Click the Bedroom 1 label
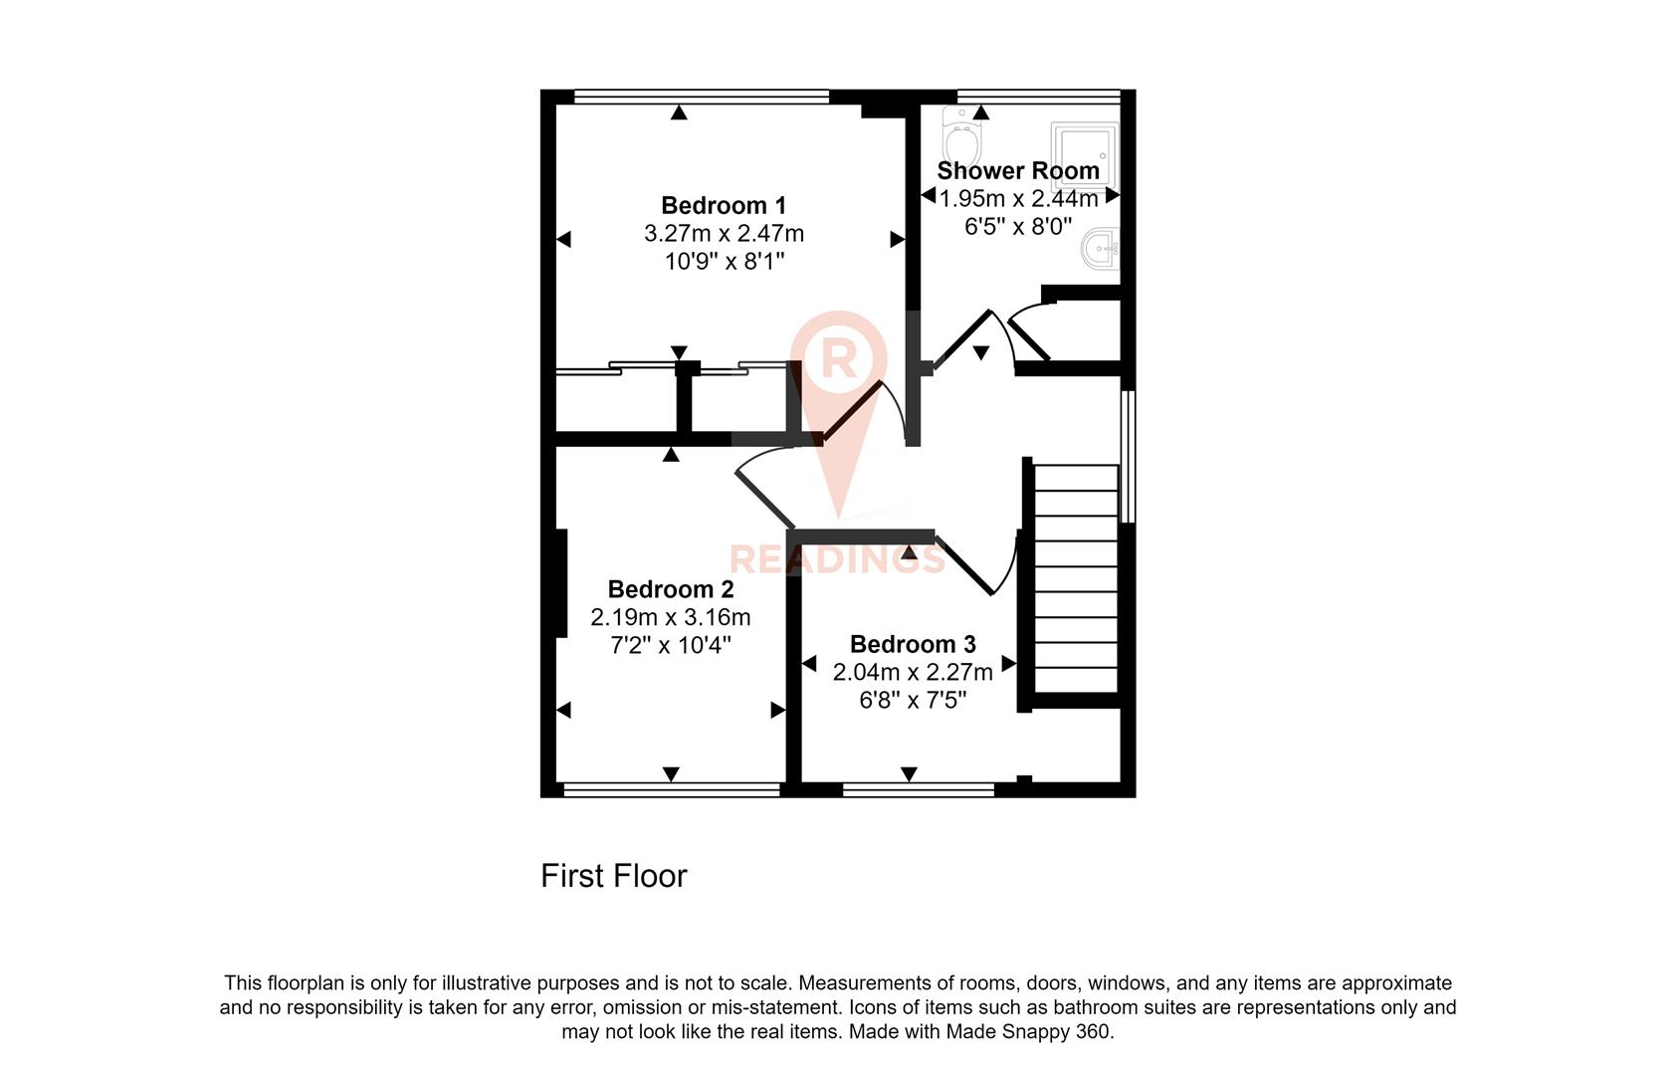(724, 205)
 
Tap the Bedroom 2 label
(670, 589)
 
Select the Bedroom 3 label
(912, 644)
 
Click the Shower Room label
(1017, 170)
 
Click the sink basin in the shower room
(1102, 248)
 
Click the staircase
(1076, 577)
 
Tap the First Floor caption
(613, 876)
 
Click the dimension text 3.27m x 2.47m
(724, 234)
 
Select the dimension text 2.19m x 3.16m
(670, 617)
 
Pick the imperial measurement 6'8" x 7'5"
(912, 701)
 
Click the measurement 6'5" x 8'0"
(1017, 226)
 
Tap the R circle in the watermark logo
(838, 358)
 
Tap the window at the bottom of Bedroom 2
(671, 790)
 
